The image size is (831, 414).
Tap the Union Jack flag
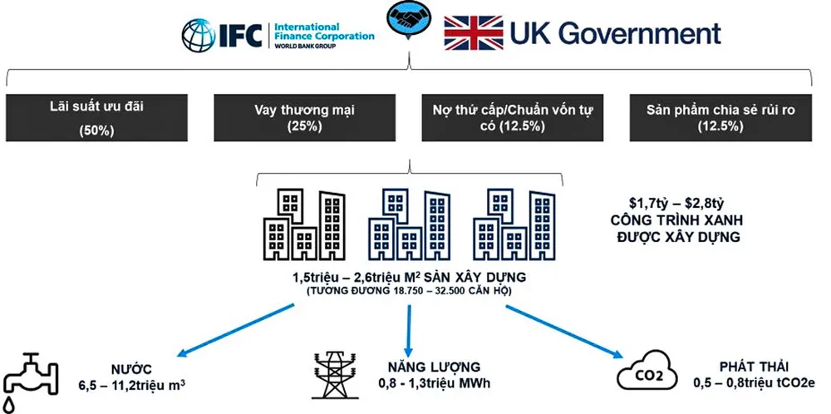pyautogui.click(x=473, y=33)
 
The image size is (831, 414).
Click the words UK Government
pyautogui.click(x=615, y=33)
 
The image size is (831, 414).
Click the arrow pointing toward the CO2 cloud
pyautogui.click(x=565, y=330)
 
